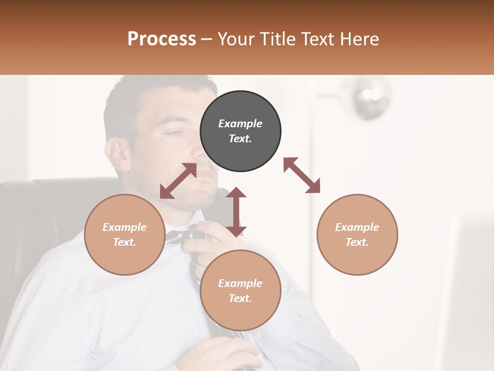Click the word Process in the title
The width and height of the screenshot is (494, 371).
[x=162, y=39]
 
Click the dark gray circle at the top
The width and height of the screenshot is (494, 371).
[x=240, y=131]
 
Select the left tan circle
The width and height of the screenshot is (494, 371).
[x=125, y=234]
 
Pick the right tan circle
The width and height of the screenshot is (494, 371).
[x=357, y=234]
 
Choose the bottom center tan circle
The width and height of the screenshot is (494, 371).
[x=240, y=291]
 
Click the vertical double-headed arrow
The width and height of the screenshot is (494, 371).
[x=236, y=212]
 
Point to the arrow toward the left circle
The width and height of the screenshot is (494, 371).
[x=178, y=181]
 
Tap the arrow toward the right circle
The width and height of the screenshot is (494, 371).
[x=302, y=175]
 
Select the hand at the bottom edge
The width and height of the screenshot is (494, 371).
[x=226, y=356]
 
